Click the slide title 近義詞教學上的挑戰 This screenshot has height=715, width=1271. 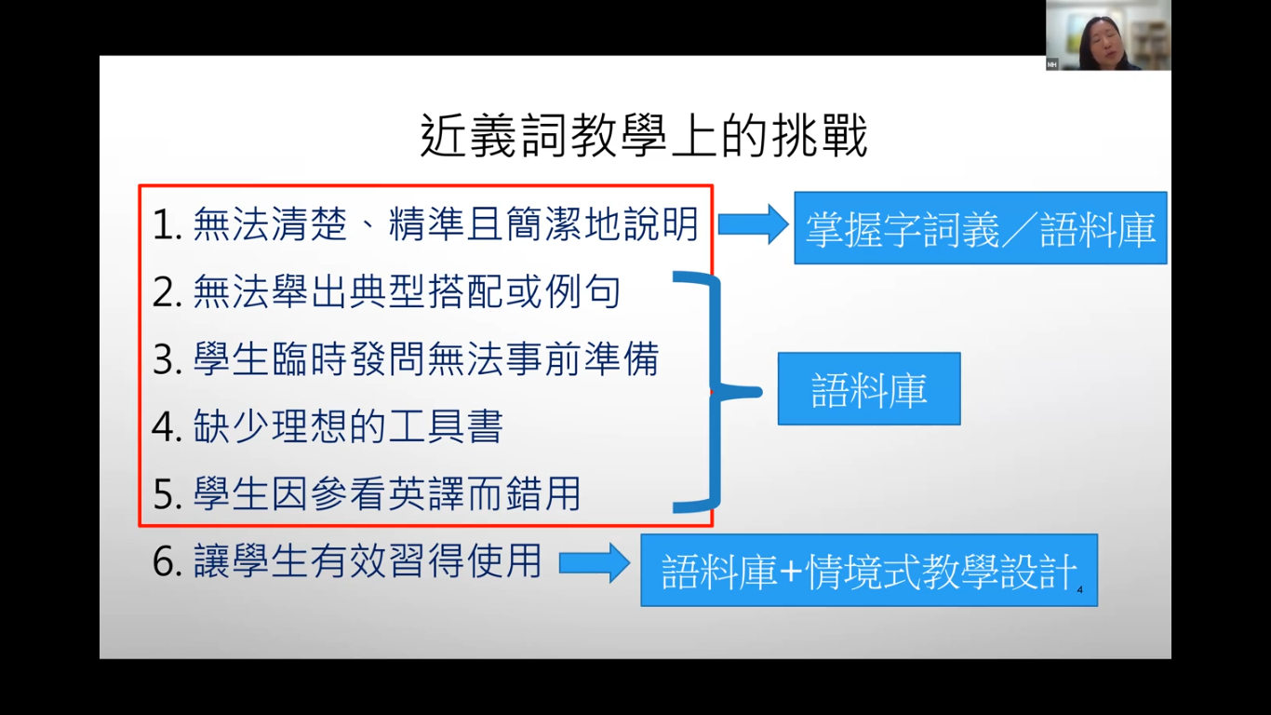644,138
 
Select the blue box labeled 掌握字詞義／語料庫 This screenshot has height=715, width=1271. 980,228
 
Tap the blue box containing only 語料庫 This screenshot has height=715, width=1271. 868,389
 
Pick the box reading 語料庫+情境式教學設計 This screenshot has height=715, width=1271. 868,571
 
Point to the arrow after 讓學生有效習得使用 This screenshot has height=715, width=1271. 594,562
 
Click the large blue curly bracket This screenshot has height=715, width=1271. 712,391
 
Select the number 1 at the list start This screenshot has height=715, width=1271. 165,226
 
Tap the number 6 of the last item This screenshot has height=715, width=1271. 165,563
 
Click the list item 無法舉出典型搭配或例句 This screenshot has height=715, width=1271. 407,293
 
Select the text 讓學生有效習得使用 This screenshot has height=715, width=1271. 368,562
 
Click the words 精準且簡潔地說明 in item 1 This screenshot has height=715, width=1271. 543,226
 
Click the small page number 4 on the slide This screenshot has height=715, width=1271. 1079,589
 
